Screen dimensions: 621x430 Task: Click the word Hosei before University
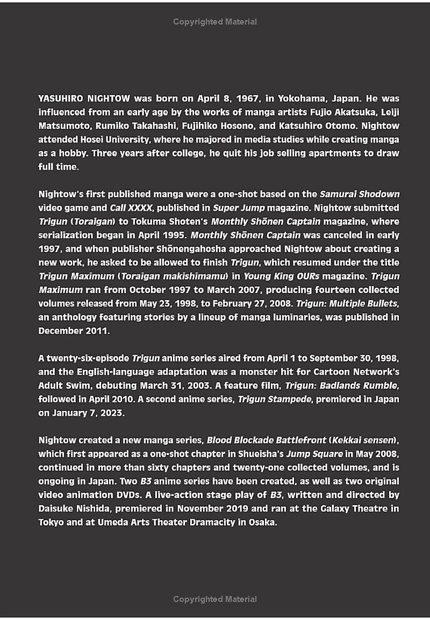tap(98, 139)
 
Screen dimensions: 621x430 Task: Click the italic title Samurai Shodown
tap(360, 194)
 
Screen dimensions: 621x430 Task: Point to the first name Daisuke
tap(56, 508)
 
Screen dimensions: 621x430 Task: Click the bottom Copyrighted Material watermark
tap(215, 599)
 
